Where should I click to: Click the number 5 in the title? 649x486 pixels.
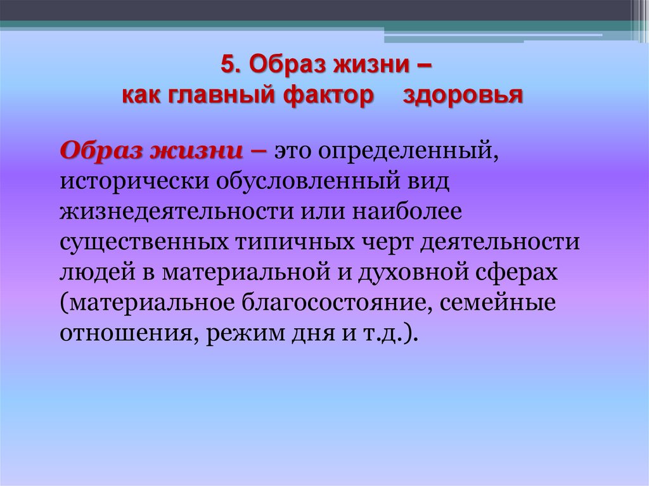pyautogui.click(x=226, y=65)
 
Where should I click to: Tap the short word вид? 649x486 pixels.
pyautogui.click(x=431, y=182)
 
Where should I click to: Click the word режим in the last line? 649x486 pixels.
pyautogui.click(x=242, y=335)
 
